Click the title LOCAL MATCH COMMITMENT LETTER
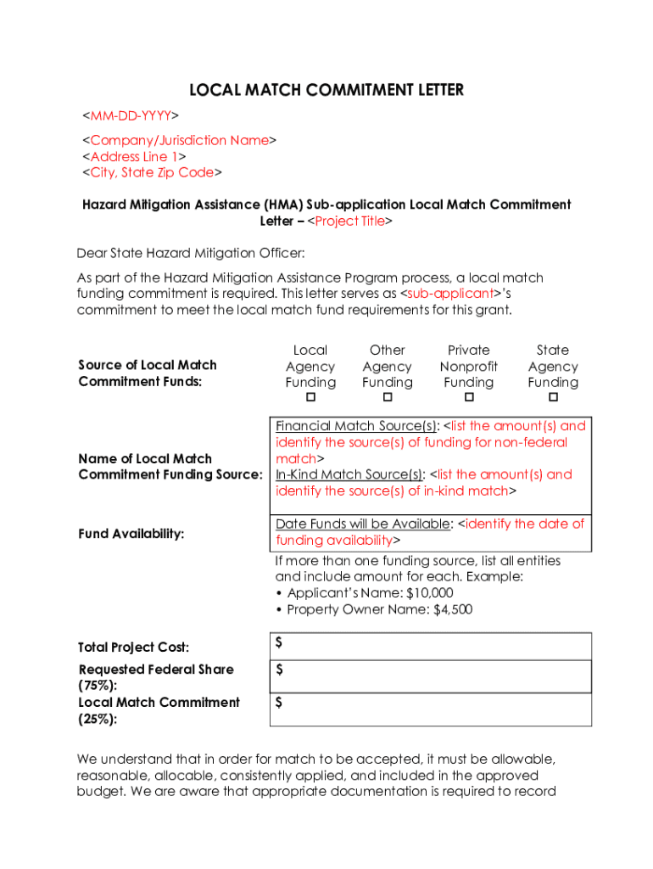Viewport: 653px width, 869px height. coord(326,90)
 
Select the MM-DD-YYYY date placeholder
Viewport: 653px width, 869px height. coord(130,115)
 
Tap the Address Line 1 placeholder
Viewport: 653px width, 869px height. coord(134,156)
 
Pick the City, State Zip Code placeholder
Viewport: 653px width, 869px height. coord(152,172)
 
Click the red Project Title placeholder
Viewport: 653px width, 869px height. coord(349,221)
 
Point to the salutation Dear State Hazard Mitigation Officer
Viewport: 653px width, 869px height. coord(190,253)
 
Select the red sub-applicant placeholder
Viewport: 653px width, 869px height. coord(450,294)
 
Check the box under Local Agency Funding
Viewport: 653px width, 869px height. coord(310,398)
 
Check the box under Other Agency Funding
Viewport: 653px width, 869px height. coord(388,398)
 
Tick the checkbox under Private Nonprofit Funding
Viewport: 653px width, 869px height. coord(469,398)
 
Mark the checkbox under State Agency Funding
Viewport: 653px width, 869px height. coord(553,398)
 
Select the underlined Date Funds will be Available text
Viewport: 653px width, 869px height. coord(362,524)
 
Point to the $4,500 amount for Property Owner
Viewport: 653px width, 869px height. coord(453,609)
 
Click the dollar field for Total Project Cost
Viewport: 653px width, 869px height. coord(431,646)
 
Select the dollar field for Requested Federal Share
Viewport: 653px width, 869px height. coord(431,676)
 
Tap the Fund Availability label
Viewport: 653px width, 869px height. coord(131,533)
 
